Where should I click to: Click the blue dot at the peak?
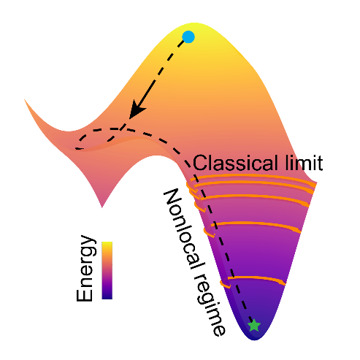(x=188, y=37)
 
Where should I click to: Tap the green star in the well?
(x=254, y=325)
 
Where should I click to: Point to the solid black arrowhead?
(x=137, y=110)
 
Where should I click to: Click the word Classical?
(x=235, y=163)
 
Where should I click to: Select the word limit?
(x=305, y=163)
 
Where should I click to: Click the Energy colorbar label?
(x=85, y=268)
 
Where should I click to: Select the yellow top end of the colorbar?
(x=107, y=244)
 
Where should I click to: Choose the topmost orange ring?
(x=253, y=177)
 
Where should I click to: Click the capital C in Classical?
(x=200, y=163)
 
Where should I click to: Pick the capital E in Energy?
(x=85, y=294)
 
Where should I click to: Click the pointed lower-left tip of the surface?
(x=102, y=207)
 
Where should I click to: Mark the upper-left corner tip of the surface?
(x=25, y=100)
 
